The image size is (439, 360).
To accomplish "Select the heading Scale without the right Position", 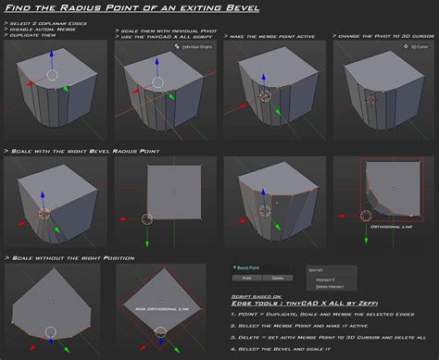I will coord(72,257).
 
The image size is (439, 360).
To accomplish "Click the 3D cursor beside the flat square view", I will coord(146,219).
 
